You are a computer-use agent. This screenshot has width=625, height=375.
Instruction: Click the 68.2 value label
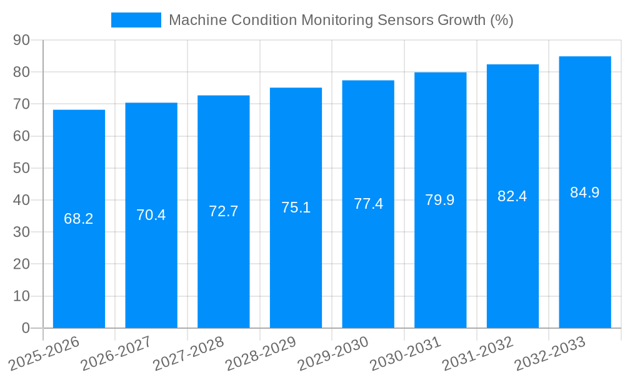[79, 219]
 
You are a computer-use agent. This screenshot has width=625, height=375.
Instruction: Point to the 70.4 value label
[151, 215]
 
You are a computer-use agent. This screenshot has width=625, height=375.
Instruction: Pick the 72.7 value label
[224, 211]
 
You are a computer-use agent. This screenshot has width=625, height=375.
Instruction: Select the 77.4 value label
[368, 204]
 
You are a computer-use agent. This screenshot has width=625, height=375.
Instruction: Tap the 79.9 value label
[440, 200]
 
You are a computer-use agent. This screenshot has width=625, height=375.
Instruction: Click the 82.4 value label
[512, 196]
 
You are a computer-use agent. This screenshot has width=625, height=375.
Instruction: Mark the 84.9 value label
[585, 192]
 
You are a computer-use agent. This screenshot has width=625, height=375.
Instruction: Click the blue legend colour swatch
[136, 20]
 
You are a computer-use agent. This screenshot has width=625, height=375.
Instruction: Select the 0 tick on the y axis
[26, 328]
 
